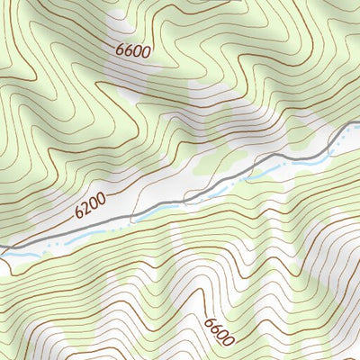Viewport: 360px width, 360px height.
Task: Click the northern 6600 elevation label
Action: coord(133,50)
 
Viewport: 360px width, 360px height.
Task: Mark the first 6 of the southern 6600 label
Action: coord(210,320)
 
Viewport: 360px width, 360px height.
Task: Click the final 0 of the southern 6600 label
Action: coord(229,342)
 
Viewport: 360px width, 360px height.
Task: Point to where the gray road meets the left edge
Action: coord(1,246)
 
